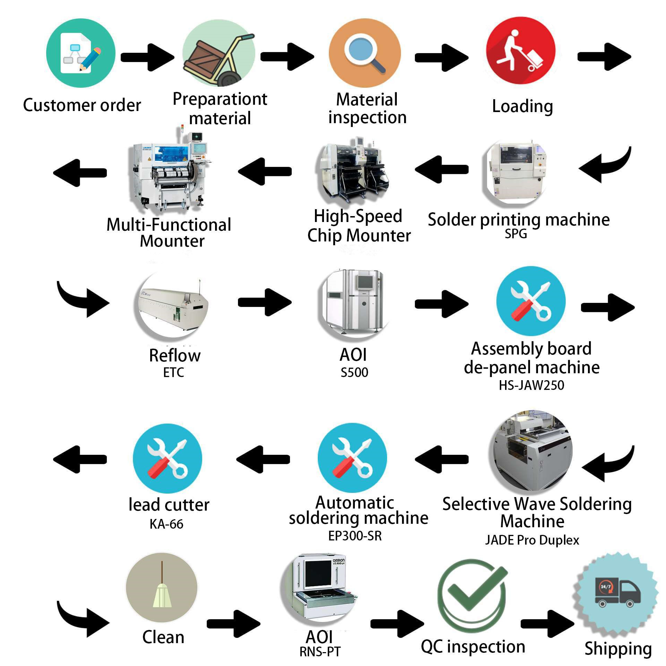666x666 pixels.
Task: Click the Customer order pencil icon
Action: (x=81, y=53)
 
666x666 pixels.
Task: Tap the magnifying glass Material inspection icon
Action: (x=365, y=53)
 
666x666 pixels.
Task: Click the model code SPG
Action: (x=516, y=234)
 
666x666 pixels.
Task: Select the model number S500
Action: (x=354, y=373)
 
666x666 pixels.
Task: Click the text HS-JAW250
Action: (x=531, y=385)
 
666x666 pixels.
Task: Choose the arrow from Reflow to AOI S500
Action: (x=265, y=302)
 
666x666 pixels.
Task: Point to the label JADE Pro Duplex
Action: (x=532, y=540)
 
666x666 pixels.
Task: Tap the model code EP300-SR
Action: (x=355, y=536)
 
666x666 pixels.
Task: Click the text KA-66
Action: (x=166, y=524)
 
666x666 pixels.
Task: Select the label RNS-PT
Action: (x=320, y=652)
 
